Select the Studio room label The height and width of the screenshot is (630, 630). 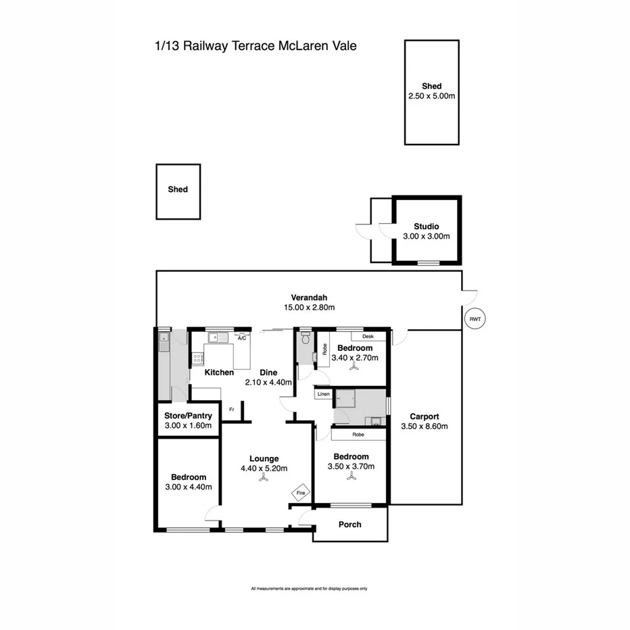[427, 226]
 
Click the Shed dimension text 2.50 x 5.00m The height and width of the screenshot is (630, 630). [431, 97]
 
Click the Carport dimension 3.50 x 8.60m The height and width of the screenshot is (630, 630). [424, 427]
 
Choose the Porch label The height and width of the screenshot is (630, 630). [350, 525]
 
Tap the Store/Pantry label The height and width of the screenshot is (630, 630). [189, 416]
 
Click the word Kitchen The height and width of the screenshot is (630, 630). [220, 372]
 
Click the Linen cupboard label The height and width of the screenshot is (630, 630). [323, 393]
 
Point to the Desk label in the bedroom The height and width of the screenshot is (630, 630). [368, 336]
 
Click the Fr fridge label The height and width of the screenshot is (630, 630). [232, 408]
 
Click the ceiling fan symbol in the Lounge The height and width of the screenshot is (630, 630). [262, 479]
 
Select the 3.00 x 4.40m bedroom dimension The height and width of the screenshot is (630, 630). [189, 487]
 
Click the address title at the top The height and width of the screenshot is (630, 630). [256, 47]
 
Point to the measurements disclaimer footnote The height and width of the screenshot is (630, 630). [309, 589]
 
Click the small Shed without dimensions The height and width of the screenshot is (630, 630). [178, 190]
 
